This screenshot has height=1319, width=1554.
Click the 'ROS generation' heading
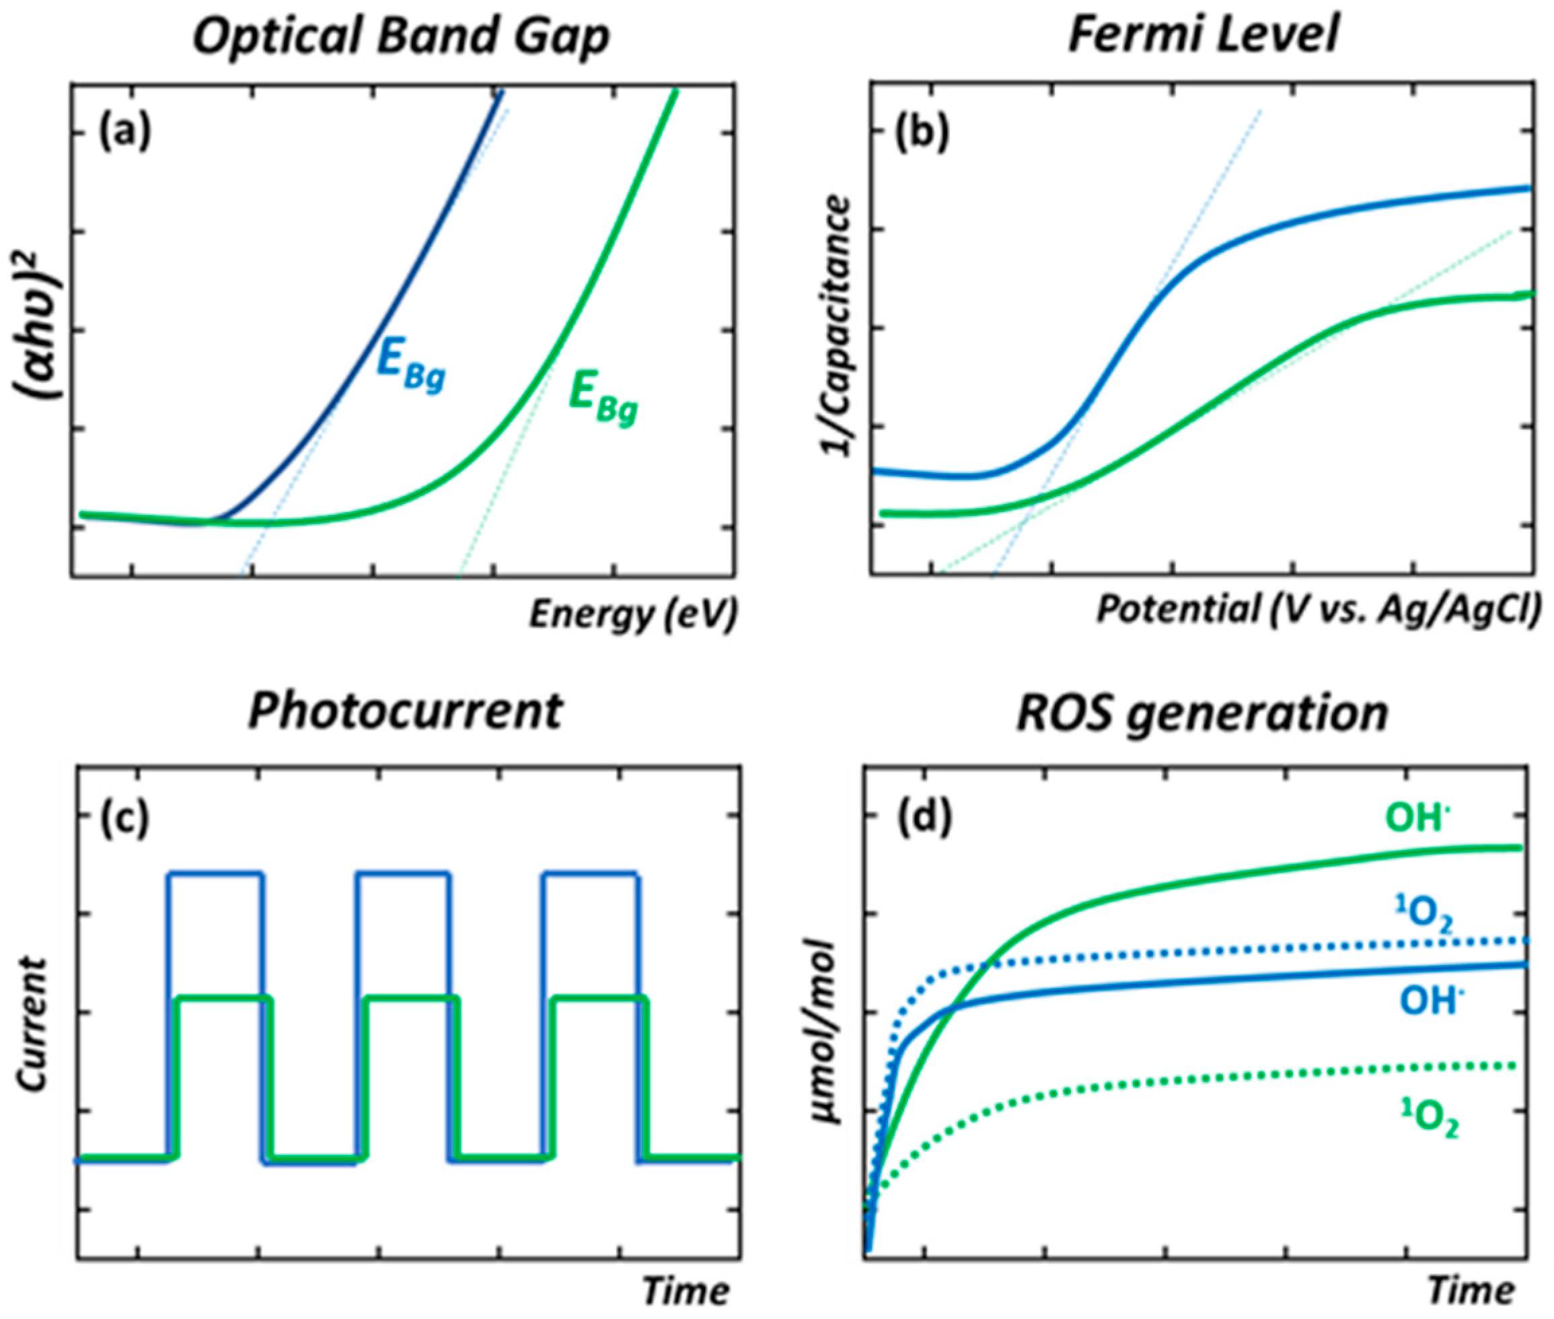click(x=1202, y=711)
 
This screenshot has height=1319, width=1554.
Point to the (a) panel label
click(x=125, y=135)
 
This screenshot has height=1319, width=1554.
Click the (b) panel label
click(x=923, y=135)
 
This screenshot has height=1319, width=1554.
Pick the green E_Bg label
click(x=603, y=402)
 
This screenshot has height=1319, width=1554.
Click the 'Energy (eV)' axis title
click(x=633, y=614)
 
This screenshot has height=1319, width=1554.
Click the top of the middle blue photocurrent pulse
click(x=403, y=873)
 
